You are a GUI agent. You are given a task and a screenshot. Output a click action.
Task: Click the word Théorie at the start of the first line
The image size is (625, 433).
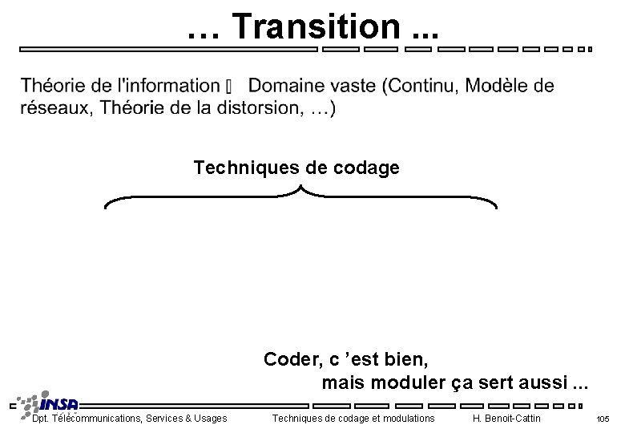point(52,86)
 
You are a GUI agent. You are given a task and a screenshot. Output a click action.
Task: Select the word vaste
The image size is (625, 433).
point(359,86)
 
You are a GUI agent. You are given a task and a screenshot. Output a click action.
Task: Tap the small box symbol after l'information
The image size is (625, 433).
point(231,87)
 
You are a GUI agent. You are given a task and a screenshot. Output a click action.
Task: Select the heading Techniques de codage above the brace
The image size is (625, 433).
point(296,168)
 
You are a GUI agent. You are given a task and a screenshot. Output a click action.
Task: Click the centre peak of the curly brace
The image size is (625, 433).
point(301,189)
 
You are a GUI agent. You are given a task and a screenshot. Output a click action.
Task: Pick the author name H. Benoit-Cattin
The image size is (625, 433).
point(506,419)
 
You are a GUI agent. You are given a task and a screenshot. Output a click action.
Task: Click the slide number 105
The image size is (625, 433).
point(603,419)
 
